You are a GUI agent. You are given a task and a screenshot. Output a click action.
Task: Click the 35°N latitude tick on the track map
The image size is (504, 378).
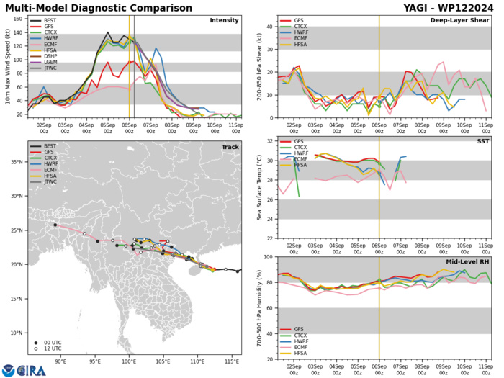tap(17, 181)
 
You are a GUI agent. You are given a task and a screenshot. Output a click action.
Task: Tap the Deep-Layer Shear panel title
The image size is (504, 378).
tap(456, 20)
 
